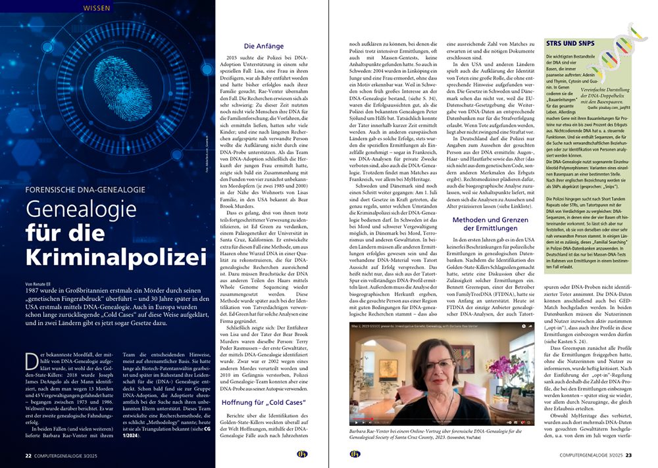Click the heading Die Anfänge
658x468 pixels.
(264, 47)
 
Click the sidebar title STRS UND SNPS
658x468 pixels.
(570, 42)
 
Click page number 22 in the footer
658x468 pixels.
(28, 454)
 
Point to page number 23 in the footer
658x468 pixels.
(628, 454)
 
